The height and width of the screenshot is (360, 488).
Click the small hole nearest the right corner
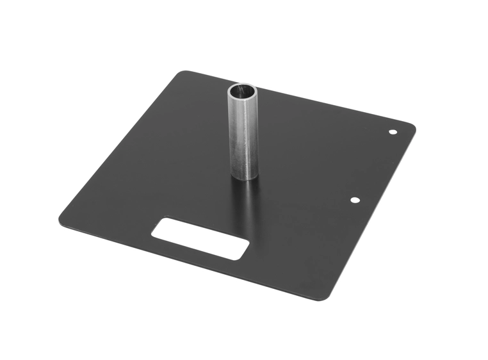click(393, 132)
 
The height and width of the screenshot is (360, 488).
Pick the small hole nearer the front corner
click(354, 200)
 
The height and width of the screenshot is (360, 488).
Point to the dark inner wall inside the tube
click(244, 89)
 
